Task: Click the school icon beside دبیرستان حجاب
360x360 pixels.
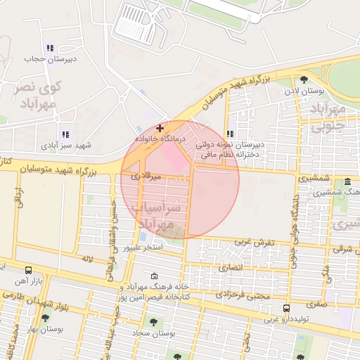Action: pyautogui.click(x=49, y=48)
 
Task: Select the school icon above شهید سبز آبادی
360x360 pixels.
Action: pyautogui.click(x=65, y=134)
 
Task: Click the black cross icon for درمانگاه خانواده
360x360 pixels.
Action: pyautogui.click(x=160, y=128)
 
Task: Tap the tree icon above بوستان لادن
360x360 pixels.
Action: pyautogui.click(x=304, y=79)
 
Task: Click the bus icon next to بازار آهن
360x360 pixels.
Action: pyautogui.click(x=28, y=270)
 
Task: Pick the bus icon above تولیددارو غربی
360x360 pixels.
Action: pyautogui.click(x=286, y=308)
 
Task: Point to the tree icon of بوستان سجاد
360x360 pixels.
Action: pyautogui.click(x=153, y=323)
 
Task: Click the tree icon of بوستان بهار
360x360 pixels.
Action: pyautogui.click(x=47, y=318)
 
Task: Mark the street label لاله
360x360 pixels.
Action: pyautogui.click(x=87, y=259)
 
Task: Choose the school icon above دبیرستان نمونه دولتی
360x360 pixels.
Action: pyautogui.click(x=231, y=134)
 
